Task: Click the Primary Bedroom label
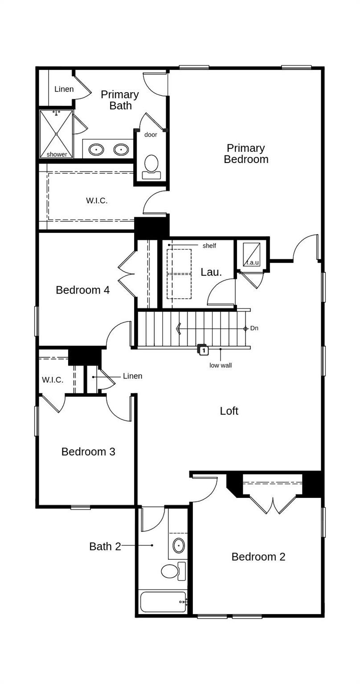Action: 246,154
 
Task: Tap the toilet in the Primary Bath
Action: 151,167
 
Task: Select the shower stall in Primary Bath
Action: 56,134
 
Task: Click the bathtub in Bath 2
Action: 163,602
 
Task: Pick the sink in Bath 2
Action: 179,545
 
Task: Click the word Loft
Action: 229,411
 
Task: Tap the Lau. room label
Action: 211,272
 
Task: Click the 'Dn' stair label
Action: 254,328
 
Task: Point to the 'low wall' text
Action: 221,366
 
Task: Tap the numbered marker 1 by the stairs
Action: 203,350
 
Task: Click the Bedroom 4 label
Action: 82,290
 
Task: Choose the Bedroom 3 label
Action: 88,452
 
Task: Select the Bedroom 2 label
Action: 258,557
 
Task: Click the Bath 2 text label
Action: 105,546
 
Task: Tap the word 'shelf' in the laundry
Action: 209,246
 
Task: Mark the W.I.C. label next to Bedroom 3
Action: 53,380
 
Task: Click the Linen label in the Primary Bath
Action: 64,89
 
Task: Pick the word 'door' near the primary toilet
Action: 151,134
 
